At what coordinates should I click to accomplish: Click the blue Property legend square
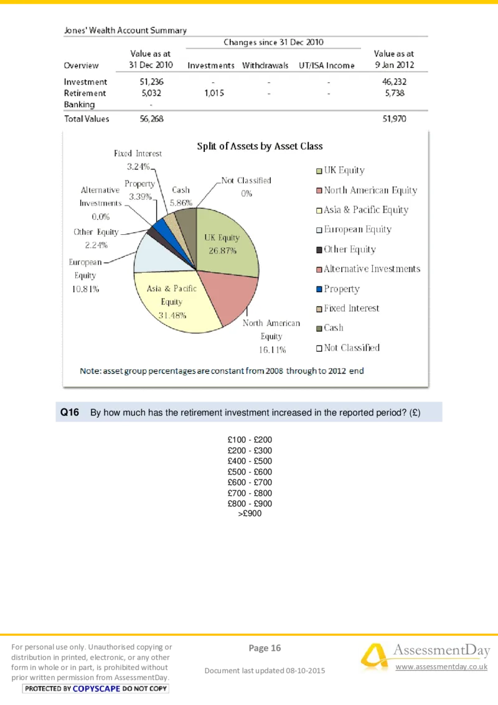tap(319, 289)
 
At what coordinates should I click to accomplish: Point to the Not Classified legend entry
tap(351, 348)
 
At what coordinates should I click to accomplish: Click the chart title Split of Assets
tap(260, 146)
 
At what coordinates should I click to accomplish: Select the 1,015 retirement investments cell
tap(213, 93)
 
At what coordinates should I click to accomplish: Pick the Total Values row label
tap(87, 118)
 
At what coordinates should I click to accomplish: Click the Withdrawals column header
tap(265, 65)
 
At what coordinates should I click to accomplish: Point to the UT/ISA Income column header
tap(327, 65)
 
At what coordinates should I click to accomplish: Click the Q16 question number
tap(69, 412)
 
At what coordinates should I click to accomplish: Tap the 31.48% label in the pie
tap(172, 315)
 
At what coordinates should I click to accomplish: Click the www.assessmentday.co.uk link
tap(441, 666)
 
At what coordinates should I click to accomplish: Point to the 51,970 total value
tap(394, 118)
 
